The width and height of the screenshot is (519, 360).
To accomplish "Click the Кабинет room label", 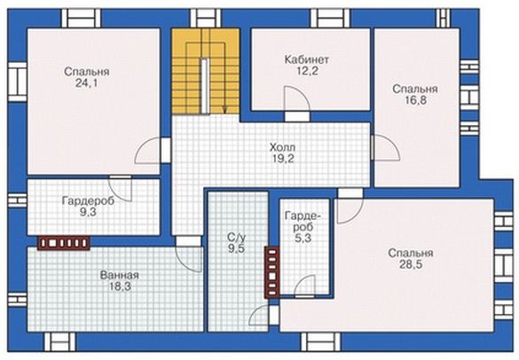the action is tap(307, 59).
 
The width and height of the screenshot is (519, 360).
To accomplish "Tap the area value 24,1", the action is tap(86, 83).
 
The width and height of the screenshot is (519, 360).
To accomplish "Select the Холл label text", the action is tap(283, 147).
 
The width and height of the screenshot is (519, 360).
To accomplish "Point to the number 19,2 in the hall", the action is tap(283, 159).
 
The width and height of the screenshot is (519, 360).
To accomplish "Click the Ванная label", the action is tap(120, 275).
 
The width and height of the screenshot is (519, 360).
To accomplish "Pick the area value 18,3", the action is tap(120, 286).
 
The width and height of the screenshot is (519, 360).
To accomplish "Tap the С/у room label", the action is tap(236, 238).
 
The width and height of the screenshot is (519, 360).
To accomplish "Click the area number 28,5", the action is tap(411, 265).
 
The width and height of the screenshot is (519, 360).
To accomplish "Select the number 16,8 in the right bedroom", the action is tap(416, 100).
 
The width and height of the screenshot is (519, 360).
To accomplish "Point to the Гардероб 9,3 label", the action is tap(88, 207).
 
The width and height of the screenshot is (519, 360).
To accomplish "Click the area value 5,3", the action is tap(303, 238).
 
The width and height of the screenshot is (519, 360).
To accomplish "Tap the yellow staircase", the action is tap(206, 71).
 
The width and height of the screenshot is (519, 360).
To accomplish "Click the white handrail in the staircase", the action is tap(205, 86).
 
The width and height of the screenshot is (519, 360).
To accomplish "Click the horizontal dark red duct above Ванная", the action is tap(64, 243).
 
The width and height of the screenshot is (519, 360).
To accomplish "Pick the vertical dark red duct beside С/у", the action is tap(272, 272).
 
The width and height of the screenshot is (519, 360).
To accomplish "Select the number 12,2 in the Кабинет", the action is tap(307, 71).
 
